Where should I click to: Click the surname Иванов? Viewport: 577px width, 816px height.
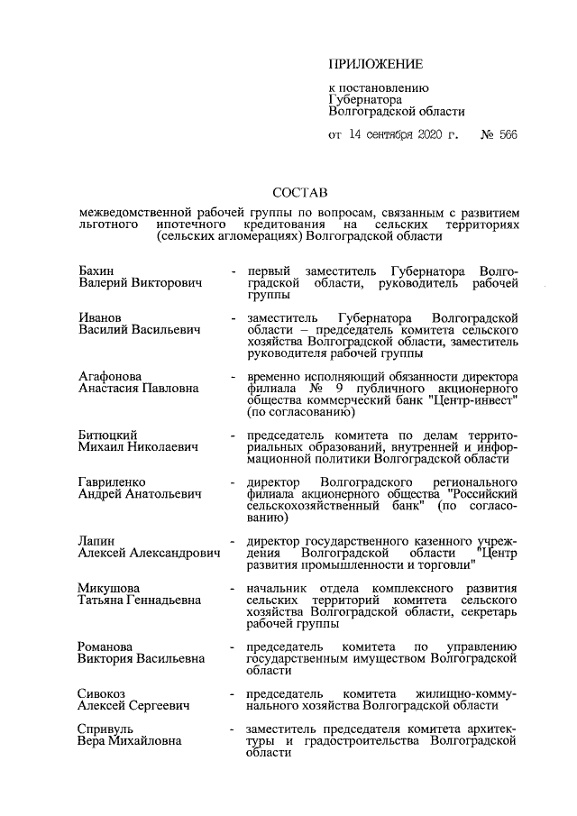pos(101,319)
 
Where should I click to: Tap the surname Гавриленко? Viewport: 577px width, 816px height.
pos(113,482)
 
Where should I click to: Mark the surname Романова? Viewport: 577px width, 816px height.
pos(107,646)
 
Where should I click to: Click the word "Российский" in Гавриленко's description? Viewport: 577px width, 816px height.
pos(485,494)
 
